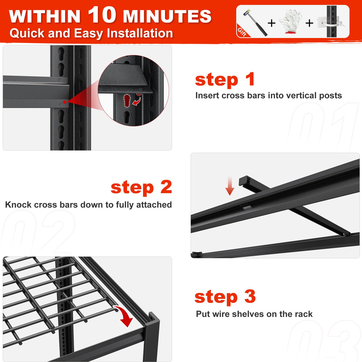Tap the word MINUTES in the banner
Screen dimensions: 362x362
167,17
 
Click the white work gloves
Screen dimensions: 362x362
290,21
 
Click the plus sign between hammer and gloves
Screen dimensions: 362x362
271,23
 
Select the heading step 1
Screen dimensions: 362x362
225,80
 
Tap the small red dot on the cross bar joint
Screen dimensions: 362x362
65,102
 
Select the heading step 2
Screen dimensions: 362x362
141,187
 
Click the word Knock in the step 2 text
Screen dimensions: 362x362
18,205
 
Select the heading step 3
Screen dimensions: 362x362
225,297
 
